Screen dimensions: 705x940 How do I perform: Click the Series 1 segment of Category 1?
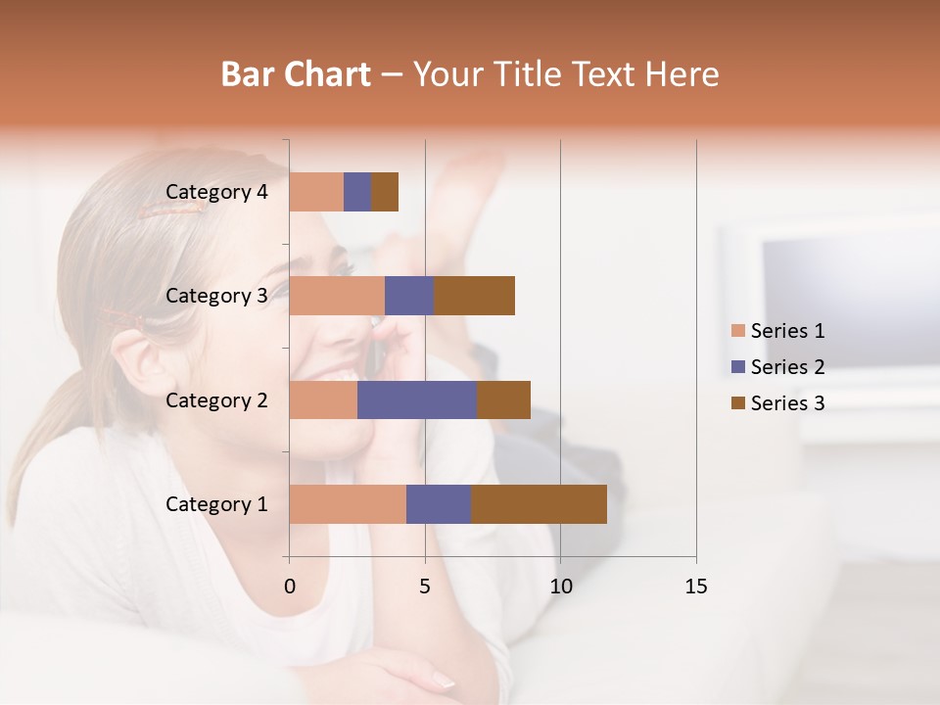click(x=348, y=504)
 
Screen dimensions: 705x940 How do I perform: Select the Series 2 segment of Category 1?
click(x=439, y=504)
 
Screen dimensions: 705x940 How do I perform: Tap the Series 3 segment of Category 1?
click(x=539, y=504)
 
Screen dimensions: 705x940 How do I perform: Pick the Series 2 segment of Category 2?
click(x=417, y=399)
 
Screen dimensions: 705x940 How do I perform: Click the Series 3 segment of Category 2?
click(x=503, y=399)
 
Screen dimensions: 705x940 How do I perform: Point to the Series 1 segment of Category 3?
click(x=337, y=296)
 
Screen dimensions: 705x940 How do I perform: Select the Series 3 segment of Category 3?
click(x=474, y=296)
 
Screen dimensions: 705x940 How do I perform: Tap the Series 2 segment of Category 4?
click(x=357, y=192)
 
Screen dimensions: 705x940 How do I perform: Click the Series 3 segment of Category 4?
click(x=385, y=192)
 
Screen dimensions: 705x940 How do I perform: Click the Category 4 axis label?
click(x=216, y=192)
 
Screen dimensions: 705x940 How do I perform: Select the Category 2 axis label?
click(x=216, y=399)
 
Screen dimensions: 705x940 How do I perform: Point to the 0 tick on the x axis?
click(x=290, y=587)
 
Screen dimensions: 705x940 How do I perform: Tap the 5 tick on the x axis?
click(x=425, y=587)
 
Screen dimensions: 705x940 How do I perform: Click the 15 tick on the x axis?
click(x=696, y=587)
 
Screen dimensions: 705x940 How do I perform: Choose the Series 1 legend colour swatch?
click(x=738, y=331)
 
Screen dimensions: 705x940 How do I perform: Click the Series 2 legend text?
click(x=787, y=367)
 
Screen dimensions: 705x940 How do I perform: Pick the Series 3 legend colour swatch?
click(x=738, y=403)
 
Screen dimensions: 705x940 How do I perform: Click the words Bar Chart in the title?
click(x=296, y=74)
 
